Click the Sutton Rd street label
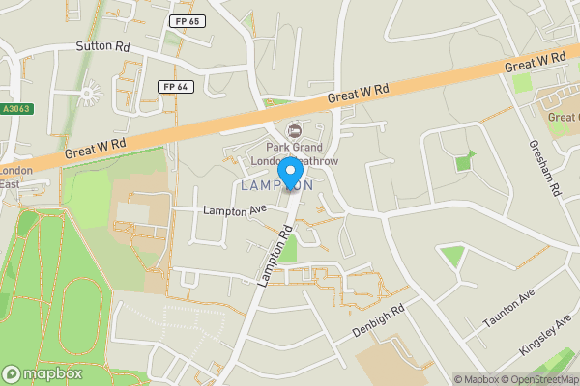pos(101,45)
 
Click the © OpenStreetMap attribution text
pos(537,379)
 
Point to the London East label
pos(15,178)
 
